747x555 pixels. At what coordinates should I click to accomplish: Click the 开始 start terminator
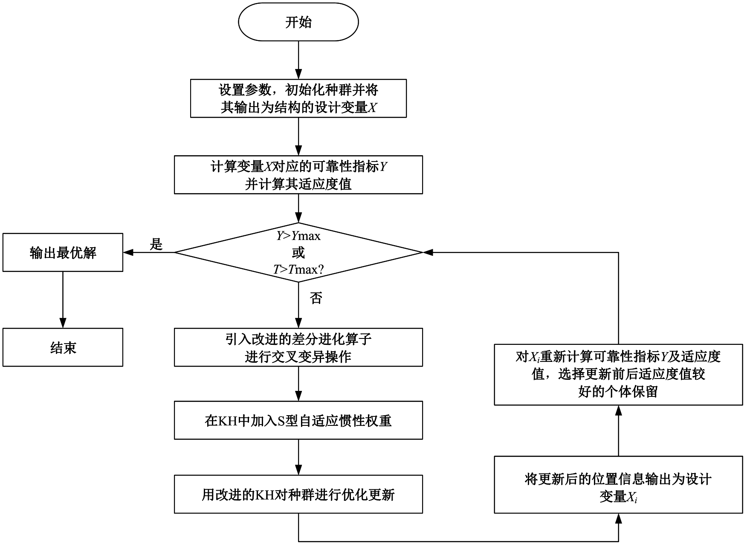298,22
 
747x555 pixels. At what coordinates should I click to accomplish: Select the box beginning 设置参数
298,98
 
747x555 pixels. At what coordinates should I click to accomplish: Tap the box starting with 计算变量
298,175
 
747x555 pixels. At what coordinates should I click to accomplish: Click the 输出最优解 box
63,252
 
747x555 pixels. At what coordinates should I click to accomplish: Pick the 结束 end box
63,347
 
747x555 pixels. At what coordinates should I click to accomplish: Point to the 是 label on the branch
156,244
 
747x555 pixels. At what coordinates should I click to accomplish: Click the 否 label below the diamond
316,298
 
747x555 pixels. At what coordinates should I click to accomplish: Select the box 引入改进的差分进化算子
298,347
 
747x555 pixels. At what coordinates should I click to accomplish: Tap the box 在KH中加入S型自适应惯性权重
298,420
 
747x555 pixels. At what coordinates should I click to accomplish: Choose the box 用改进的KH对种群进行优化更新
298,494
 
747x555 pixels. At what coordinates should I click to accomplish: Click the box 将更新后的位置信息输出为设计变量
618,485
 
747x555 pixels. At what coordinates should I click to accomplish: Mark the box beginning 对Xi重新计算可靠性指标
618,374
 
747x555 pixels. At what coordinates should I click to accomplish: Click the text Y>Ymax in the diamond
298,236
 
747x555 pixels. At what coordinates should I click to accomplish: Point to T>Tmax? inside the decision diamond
298,269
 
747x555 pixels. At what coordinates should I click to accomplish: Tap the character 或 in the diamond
298,252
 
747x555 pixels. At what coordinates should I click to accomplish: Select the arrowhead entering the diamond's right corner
428,252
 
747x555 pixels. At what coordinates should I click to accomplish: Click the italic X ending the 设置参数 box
372,107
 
